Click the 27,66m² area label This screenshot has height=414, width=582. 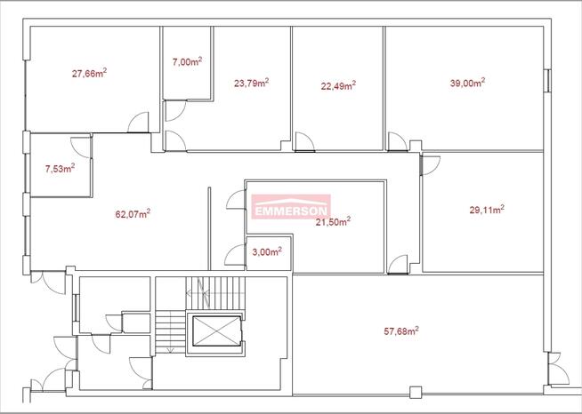point(90,73)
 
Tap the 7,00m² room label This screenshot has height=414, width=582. point(187,61)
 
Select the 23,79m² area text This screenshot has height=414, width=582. point(251,83)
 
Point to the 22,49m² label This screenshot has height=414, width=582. point(338,85)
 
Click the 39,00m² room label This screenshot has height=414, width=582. point(467,83)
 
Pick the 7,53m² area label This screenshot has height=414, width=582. point(61,169)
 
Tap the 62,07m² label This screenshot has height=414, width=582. point(133,214)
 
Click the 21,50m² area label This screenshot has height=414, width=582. point(333,221)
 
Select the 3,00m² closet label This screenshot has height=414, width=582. point(267,252)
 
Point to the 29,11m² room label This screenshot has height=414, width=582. point(487,210)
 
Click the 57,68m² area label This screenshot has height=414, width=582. point(401,330)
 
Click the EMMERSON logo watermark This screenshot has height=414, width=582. point(291,207)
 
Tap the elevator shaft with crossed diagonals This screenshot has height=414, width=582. point(217,331)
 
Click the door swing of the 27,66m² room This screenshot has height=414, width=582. point(138,123)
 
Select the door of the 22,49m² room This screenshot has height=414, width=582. point(304,142)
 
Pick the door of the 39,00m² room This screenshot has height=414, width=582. point(398,142)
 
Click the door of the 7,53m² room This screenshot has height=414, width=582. point(81,147)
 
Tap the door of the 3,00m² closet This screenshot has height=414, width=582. point(235,255)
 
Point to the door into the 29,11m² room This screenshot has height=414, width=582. point(430,165)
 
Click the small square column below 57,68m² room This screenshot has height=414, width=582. point(416,392)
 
